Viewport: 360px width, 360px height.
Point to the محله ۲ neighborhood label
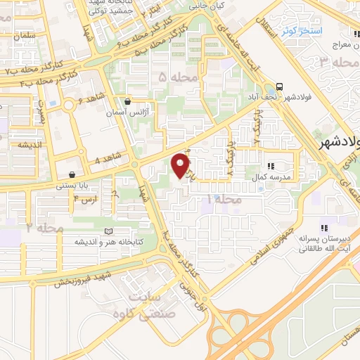pyautogui.click(x=45, y=229)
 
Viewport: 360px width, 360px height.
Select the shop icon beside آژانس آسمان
pyautogui.click(x=127, y=101)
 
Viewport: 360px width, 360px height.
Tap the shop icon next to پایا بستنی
pyautogui.click(x=72, y=174)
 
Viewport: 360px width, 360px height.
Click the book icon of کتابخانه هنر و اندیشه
pyautogui.click(x=108, y=231)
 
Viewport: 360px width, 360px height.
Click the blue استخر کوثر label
pyautogui.click(x=301, y=31)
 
